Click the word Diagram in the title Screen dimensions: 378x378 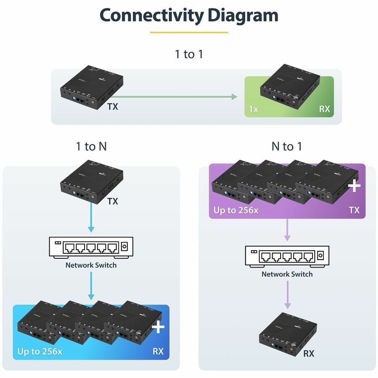coord(243,16)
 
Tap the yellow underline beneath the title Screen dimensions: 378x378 coord(189,32)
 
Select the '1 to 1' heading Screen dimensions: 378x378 coord(189,54)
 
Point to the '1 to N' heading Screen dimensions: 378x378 coord(91,147)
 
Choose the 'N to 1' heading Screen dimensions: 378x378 coord(287,147)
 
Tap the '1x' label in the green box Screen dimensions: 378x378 coord(254,109)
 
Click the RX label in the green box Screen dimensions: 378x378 coord(324,109)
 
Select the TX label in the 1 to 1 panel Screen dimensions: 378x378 coord(113,107)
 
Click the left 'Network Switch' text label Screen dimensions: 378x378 coord(91,265)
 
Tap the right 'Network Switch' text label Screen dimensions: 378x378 coord(287,274)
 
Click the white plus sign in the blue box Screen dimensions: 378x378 coord(158,326)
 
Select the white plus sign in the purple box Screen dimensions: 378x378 coord(354,185)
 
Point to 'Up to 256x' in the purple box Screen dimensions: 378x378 coord(236,210)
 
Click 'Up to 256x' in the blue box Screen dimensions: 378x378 coord(39,352)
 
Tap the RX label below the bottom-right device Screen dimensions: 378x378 coord(309,354)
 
